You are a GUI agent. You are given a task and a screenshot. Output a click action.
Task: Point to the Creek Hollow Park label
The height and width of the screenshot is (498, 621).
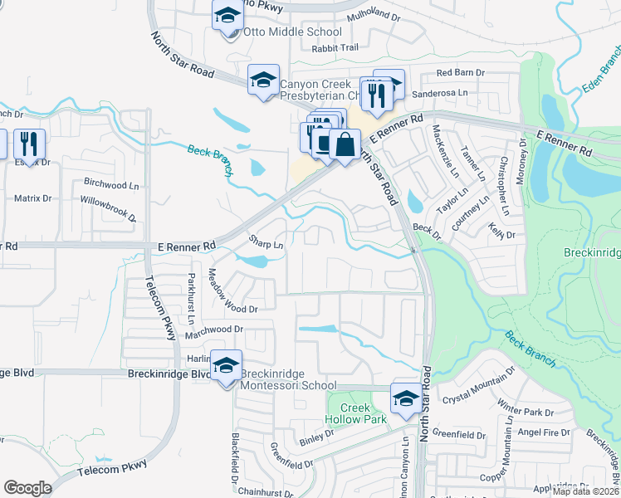tap(362, 413)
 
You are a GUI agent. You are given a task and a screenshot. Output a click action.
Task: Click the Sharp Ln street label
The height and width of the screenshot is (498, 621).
tap(267, 242)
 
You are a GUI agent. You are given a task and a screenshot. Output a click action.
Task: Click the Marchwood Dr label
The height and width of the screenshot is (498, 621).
tap(213, 329)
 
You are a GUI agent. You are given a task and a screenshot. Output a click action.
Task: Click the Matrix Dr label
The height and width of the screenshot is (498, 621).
tap(33, 198)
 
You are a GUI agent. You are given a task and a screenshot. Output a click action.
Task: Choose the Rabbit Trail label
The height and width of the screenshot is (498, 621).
tap(335, 48)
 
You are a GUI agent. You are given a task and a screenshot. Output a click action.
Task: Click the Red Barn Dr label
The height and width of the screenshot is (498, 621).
tap(460, 73)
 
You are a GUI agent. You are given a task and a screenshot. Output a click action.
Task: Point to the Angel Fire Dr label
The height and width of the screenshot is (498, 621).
tap(544, 432)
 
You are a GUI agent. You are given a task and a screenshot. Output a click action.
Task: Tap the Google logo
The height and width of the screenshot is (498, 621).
tap(27, 487)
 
